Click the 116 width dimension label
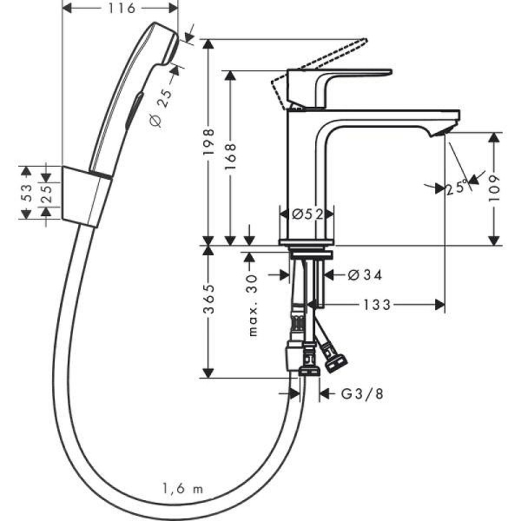click(x=122, y=9)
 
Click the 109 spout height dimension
click(x=494, y=188)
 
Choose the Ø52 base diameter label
click(x=307, y=214)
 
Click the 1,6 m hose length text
click(x=181, y=490)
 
